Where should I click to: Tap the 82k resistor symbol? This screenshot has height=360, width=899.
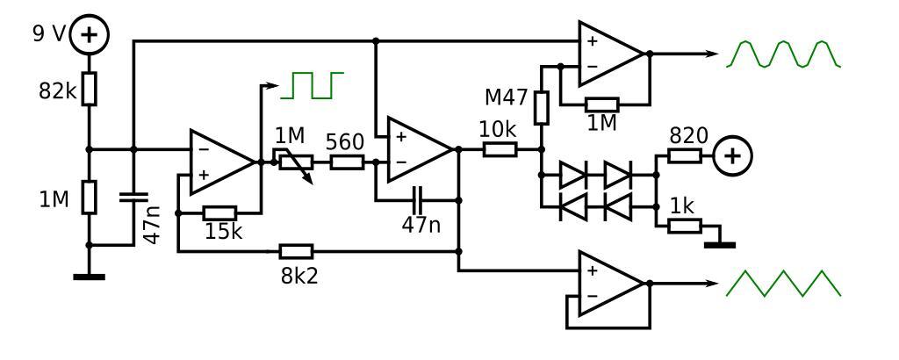[x=89, y=90]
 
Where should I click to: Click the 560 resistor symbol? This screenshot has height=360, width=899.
[x=347, y=162]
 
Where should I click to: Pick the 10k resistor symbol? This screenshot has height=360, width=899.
[x=499, y=150]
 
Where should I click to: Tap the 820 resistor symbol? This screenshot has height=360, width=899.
[x=684, y=156]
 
